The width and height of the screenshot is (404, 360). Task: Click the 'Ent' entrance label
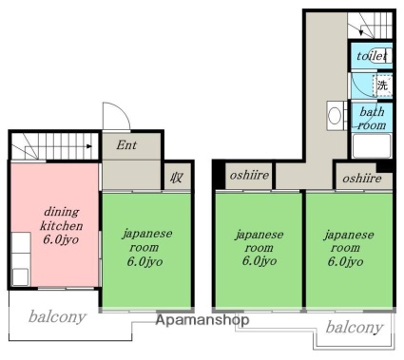coord(126,145)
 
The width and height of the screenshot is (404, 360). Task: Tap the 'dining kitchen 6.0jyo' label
coord(61,226)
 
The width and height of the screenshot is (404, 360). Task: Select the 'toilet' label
coord(372,56)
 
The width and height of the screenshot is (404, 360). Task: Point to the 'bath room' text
coord(372,119)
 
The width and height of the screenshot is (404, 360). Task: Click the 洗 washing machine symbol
coord(382,85)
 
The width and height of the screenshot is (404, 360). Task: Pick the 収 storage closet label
coord(176,178)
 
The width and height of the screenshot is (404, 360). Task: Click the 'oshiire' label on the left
coord(249,175)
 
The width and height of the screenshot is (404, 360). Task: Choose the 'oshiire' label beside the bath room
coord(362,179)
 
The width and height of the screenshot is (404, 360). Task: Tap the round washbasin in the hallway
coord(335,116)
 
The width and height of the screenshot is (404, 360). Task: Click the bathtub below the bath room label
coord(372,145)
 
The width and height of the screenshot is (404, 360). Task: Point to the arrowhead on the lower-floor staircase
coord(89,146)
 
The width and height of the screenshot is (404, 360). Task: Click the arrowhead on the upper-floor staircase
coord(361,32)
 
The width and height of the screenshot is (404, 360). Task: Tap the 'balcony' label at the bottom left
coord(57,316)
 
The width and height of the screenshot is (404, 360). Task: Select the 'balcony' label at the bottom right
coord(355,327)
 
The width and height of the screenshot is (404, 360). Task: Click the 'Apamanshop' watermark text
coord(202,320)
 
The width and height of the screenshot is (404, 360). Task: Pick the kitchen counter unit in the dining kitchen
coord(21,259)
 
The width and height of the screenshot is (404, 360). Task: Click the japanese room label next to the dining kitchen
coord(147,248)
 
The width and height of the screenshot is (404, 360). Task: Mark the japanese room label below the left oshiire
coord(260,248)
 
